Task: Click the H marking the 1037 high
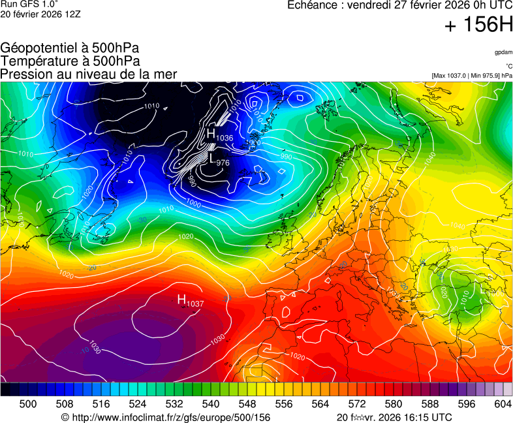coord(182,299)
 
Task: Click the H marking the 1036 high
coord(211,133)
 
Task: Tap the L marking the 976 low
coord(211,157)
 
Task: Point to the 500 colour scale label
coord(27,404)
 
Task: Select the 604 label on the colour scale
coord(503,404)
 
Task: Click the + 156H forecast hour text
coord(478,25)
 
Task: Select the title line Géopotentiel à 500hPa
coord(70,48)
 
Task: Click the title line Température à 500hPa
coord(70,61)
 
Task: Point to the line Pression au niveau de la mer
coord(89,74)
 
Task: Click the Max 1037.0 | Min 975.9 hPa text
coord(472,76)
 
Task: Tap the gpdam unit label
coord(503,52)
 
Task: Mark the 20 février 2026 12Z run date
coord(41,14)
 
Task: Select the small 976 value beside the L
coord(223,163)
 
